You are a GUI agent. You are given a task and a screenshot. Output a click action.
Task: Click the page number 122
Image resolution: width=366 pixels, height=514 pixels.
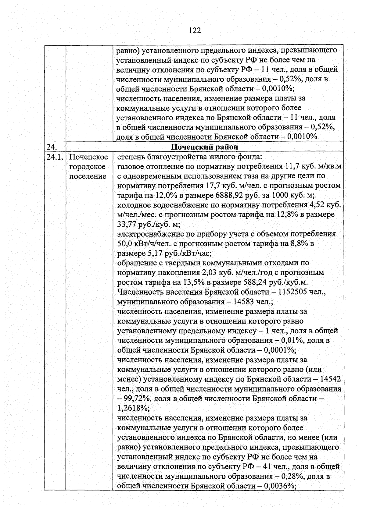[195, 30]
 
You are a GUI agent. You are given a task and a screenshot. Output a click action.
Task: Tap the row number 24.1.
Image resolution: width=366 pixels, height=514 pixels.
[55, 157]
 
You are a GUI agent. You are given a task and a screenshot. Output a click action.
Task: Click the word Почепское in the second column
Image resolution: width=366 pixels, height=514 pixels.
[88, 157]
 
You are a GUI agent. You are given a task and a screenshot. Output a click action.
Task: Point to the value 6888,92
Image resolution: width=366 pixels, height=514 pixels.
[229, 195]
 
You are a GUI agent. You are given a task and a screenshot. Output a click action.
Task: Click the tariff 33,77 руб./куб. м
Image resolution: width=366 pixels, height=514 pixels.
[149, 225]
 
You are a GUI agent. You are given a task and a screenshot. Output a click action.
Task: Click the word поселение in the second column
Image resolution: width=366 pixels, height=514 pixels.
[88, 176]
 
